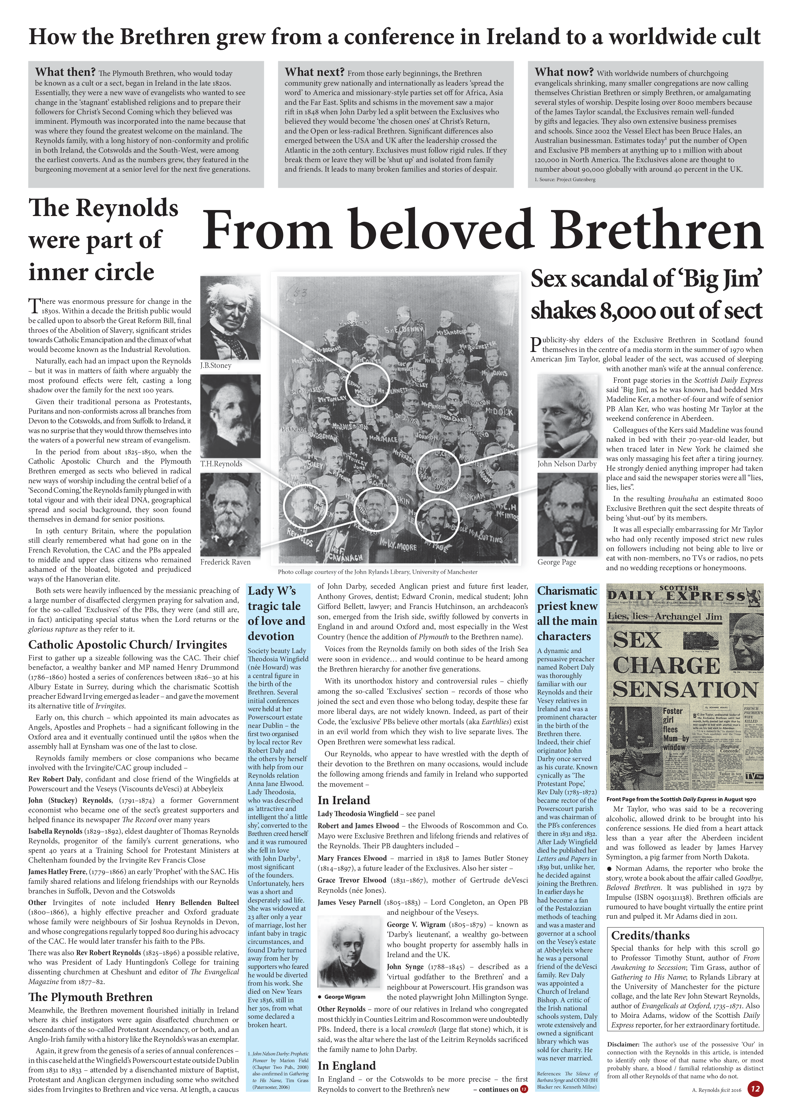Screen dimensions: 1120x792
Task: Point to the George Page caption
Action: pyautogui.click(x=557, y=562)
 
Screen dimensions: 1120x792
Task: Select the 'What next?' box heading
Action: pyautogui.click(x=315, y=72)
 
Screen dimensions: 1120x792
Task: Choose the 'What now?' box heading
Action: pyautogui.click(x=564, y=72)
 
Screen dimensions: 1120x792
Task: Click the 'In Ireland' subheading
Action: pyautogui.click(x=344, y=800)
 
